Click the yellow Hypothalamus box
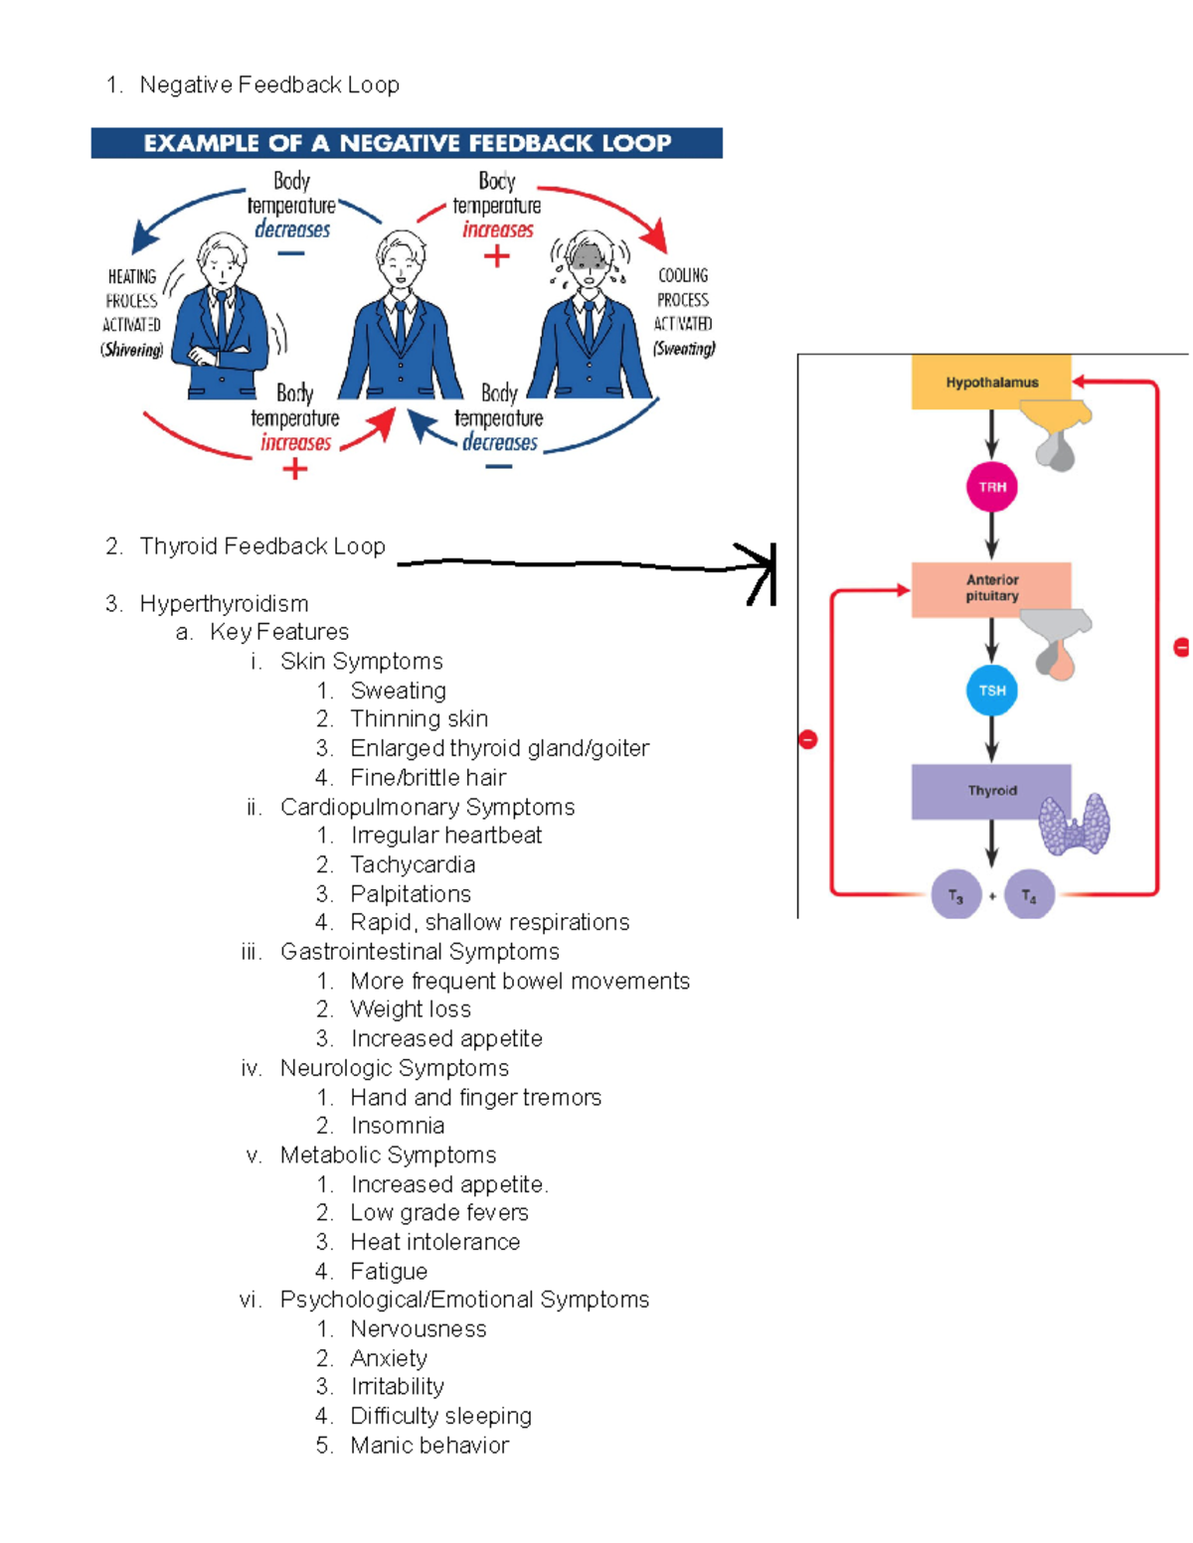[990, 383]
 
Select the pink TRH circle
[991, 487]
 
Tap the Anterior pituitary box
[990, 588]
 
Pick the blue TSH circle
[991, 691]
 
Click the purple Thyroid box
[990, 791]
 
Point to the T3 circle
[955, 895]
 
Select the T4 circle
[1029, 895]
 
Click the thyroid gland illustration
[1075, 824]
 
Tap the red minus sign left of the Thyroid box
[808, 739]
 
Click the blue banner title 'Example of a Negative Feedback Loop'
[407, 143]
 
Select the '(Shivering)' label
[131, 350]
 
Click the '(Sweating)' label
[684, 349]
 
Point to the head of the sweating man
[590, 260]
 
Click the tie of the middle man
[401, 323]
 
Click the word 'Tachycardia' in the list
[413, 864]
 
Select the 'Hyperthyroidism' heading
[224, 604]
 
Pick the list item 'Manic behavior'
[429, 1445]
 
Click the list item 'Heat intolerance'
[434, 1242]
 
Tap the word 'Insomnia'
[398, 1126]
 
